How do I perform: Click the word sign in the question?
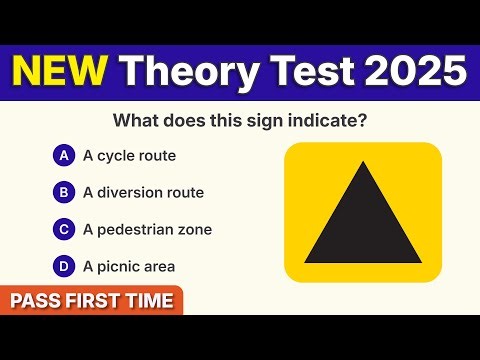(252, 122)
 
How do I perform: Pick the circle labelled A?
(63, 156)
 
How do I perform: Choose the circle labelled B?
(63, 192)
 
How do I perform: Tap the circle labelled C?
(63, 229)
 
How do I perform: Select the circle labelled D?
(63, 266)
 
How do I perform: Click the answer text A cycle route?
(131, 156)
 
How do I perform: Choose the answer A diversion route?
(143, 192)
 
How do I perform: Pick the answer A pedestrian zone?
(147, 229)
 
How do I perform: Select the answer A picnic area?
(129, 266)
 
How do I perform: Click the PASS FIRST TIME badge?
(91, 300)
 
